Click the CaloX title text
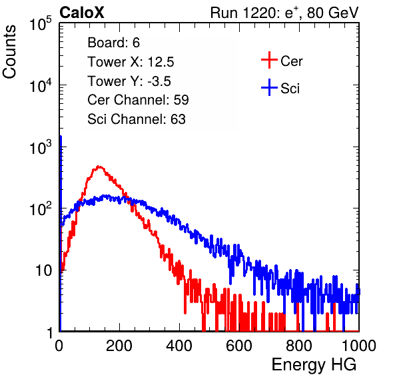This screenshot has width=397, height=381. (x=82, y=13)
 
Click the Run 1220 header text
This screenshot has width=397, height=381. (x=284, y=13)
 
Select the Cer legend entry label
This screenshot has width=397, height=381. (x=291, y=61)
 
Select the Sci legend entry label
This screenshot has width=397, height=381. (x=290, y=89)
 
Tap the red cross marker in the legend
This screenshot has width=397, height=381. (x=269, y=60)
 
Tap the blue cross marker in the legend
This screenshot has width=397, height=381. (x=269, y=87)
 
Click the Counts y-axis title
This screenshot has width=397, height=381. (x=9, y=52)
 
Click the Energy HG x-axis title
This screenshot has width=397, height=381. (x=314, y=365)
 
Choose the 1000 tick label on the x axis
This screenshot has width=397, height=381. (x=359, y=346)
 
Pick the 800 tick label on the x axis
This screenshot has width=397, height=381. (x=299, y=346)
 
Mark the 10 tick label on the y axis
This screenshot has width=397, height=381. (x=43, y=270)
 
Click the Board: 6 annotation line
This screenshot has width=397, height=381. (x=113, y=42)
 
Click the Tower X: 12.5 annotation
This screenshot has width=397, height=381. (x=131, y=62)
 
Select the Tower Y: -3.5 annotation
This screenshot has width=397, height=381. (x=129, y=81)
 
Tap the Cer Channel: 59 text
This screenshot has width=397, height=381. (x=138, y=100)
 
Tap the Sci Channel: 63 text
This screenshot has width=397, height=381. (x=137, y=119)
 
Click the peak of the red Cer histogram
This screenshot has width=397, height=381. (x=99, y=167)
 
